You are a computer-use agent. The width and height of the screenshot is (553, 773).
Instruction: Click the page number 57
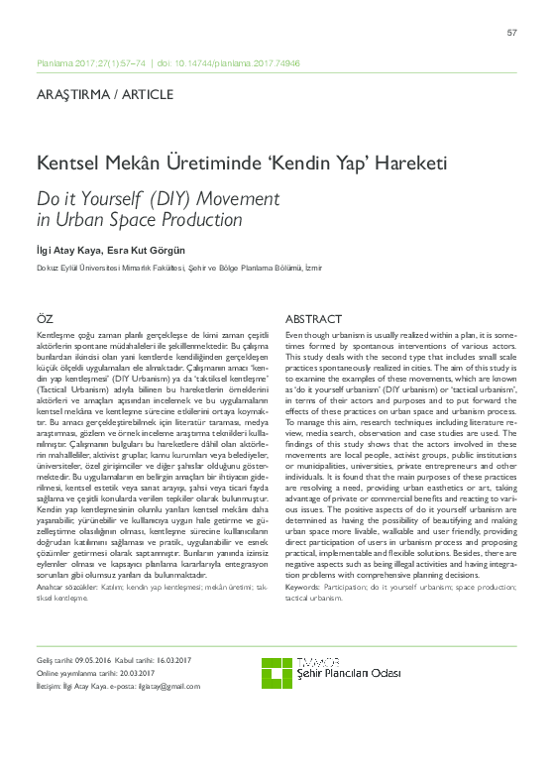coord(511,33)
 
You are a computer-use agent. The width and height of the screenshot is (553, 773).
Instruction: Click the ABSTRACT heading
coord(314,320)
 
